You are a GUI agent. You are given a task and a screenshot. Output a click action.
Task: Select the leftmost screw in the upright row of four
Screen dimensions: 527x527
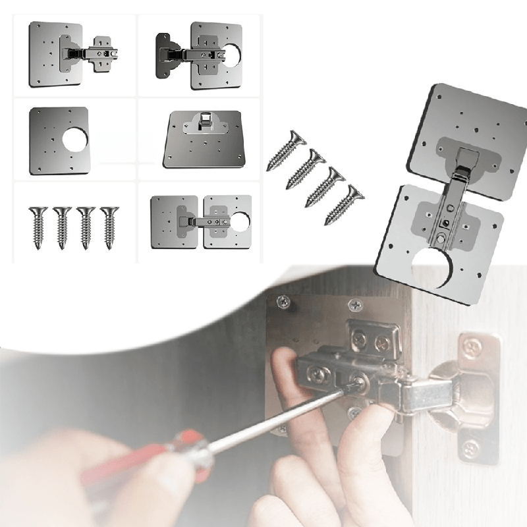coord(38,226)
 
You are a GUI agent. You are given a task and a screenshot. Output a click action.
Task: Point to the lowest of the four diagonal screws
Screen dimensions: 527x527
coord(343,204)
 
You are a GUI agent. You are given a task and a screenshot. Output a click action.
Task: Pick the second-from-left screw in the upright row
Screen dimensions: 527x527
coord(62,226)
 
